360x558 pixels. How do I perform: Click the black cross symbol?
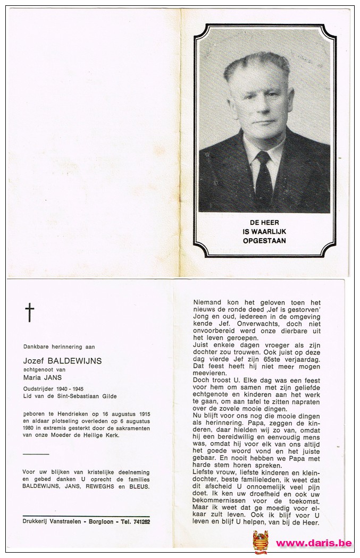click(30, 312)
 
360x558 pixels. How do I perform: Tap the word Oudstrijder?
click(39, 388)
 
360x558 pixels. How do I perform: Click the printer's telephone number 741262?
click(139, 521)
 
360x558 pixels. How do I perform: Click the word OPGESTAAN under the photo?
click(264, 241)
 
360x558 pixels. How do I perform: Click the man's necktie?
click(263, 181)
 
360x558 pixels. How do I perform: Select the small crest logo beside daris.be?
click(261, 542)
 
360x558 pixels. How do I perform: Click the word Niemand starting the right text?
click(208, 303)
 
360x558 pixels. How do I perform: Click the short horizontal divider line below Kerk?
click(37, 454)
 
